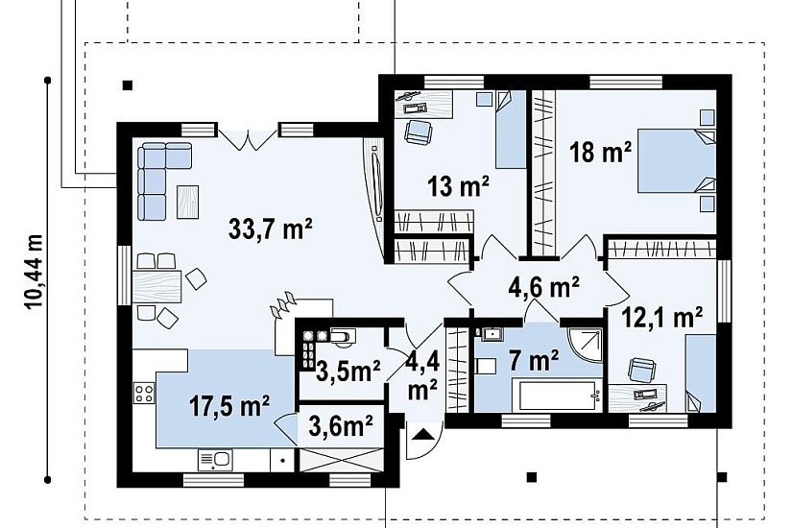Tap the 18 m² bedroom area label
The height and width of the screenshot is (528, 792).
point(600,152)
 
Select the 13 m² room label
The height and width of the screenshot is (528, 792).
point(458,186)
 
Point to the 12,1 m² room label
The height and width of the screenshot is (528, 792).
point(661,318)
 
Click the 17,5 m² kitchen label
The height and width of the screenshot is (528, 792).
point(229,405)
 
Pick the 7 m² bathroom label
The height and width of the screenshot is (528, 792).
point(534,361)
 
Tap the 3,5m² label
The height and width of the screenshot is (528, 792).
point(348,372)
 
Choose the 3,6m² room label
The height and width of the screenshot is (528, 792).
point(341,427)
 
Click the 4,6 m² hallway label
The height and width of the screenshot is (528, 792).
point(543,287)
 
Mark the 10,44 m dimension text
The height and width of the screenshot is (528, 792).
point(34,272)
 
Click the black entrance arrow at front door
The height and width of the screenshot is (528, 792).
point(422,434)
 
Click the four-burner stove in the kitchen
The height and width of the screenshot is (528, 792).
point(143,393)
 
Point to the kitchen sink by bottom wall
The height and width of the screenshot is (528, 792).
point(216,460)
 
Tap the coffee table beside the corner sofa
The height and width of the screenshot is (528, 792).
point(187,203)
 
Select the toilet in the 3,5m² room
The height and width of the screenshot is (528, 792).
point(343,337)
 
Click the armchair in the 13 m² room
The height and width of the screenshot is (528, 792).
point(419,132)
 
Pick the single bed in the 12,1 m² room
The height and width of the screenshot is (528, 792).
point(701,372)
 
